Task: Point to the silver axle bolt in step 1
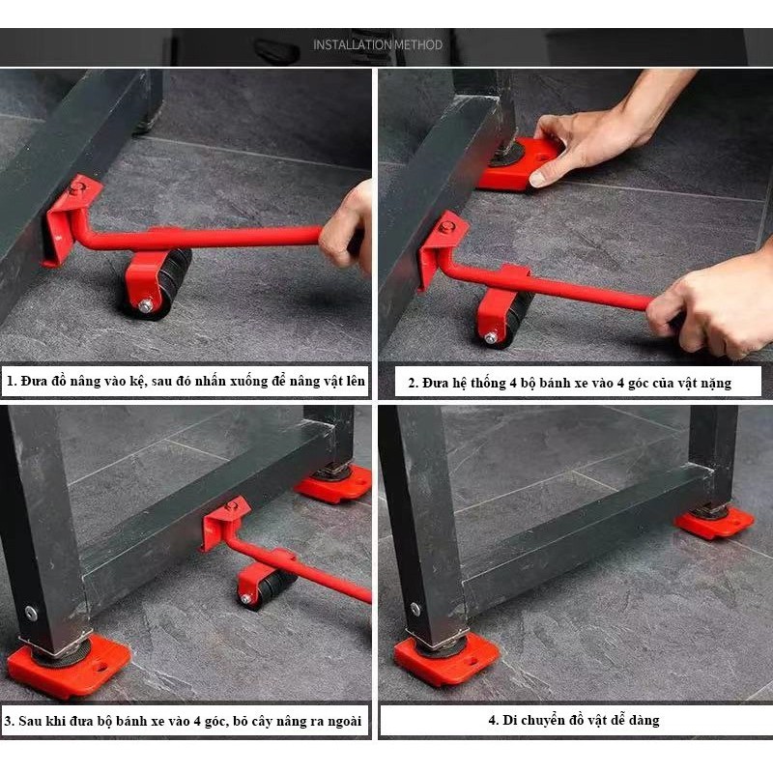[146, 305]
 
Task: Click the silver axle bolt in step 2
[491, 337]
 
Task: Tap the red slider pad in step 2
[518, 165]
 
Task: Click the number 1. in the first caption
[12, 381]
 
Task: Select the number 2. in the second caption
[414, 383]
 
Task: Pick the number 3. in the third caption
[10, 721]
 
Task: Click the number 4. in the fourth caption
[494, 720]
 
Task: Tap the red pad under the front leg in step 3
[69, 667]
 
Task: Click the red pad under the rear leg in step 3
[333, 484]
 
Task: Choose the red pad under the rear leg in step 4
[714, 523]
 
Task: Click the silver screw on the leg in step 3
[31, 613]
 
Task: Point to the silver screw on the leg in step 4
[415, 610]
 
